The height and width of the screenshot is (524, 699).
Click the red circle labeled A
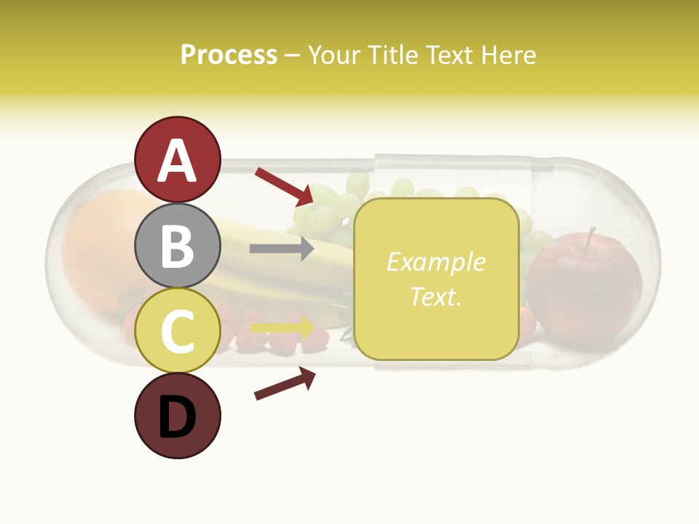[178, 159]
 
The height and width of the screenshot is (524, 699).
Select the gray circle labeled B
[178, 245]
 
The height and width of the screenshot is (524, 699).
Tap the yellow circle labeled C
[178, 330]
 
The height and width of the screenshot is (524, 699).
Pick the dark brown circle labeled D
[178, 416]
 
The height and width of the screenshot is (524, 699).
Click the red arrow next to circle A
[284, 186]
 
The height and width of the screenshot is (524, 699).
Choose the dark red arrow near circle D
[285, 384]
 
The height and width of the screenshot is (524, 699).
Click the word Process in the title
[229, 55]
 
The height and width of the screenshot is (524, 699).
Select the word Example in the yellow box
[435, 262]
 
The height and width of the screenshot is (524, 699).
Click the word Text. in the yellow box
[435, 296]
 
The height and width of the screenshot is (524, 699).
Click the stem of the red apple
[590, 237]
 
